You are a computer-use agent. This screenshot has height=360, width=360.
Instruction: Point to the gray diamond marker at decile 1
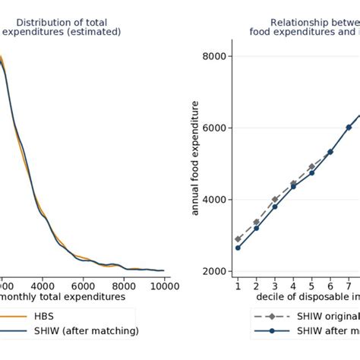(x=238, y=238)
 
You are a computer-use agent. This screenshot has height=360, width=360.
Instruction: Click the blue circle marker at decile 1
(x=238, y=248)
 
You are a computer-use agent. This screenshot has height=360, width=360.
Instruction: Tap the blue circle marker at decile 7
(x=349, y=127)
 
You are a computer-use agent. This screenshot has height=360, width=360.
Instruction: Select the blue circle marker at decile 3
(x=274, y=207)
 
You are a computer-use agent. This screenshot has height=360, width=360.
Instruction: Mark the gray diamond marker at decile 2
(x=256, y=222)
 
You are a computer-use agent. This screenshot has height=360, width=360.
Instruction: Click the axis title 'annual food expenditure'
(x=195, y=163)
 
